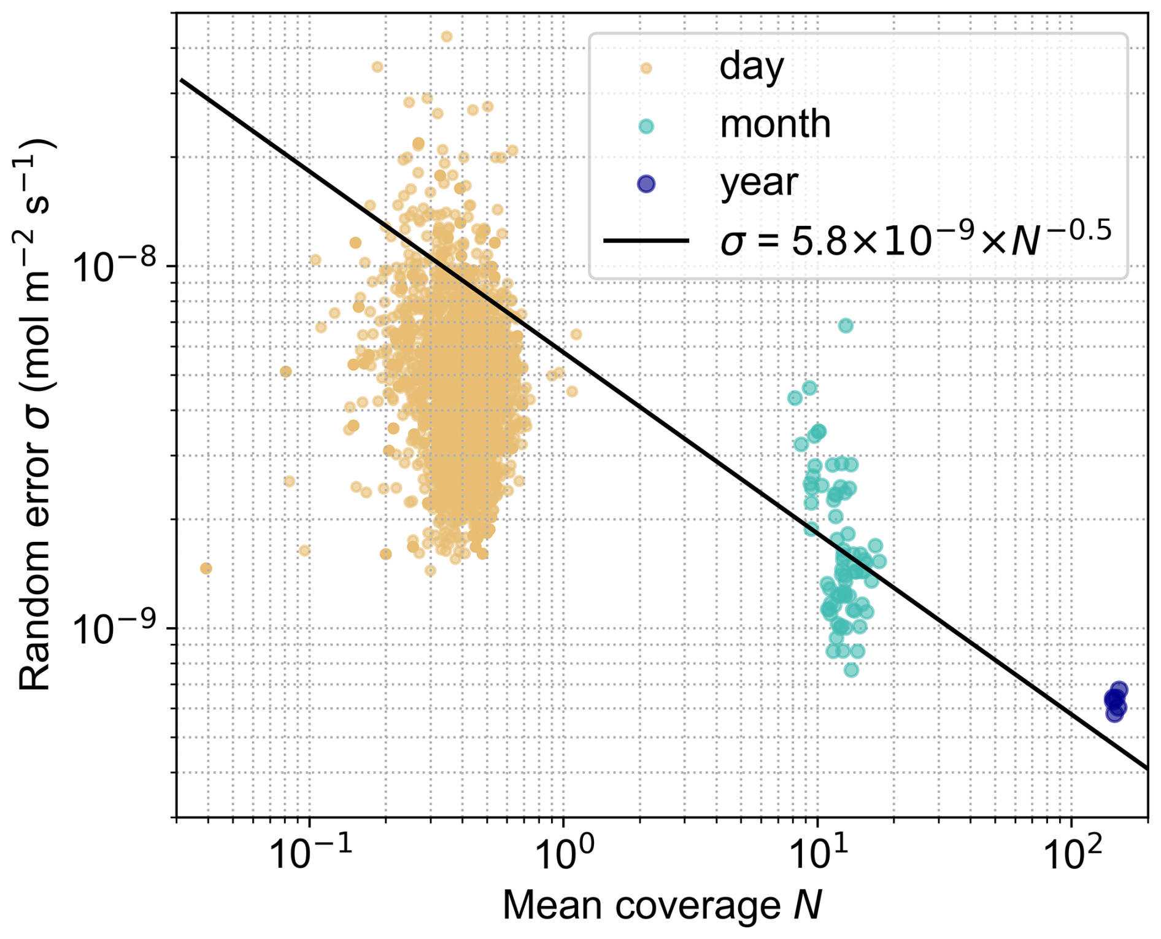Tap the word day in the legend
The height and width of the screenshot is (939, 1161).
[751, 66]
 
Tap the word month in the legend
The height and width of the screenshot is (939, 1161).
[775, 124]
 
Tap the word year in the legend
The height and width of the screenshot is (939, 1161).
[758, 182]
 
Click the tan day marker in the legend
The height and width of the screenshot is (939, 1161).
[646, 68]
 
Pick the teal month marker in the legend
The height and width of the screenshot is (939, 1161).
[646, 126]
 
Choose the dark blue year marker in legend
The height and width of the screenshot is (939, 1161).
[646, 184]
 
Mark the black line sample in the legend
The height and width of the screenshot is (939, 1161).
[646, 240]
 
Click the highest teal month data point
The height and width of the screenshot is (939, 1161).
[846, 325]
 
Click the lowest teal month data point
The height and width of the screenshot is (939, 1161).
[851, 670]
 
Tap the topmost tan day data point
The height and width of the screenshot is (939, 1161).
[447, 36]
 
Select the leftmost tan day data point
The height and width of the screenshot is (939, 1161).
[206, 568]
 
